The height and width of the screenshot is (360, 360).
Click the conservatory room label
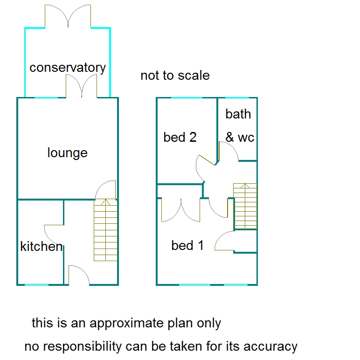click(68, 68)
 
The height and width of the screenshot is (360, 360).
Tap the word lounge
click(68, 152)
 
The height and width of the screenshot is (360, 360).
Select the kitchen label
click(41, 246)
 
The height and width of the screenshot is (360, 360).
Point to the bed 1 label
click(187, 245)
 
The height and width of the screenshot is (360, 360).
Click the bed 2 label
click(180, 137)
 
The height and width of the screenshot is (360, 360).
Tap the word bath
click(238, 114)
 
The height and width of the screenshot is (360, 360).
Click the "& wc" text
click(240, 138)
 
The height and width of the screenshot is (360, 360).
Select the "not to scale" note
click(175, 76)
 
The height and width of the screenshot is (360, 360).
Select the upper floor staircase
click(245, 206)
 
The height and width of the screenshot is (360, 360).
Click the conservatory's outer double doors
click(68, 16)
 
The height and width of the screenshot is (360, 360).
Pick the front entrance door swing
click(78, 274)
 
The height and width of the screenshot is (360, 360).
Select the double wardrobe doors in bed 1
click(181, 209)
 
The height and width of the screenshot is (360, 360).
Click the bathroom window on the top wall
click(237, 98)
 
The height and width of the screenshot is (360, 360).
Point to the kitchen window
click(36, 284)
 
